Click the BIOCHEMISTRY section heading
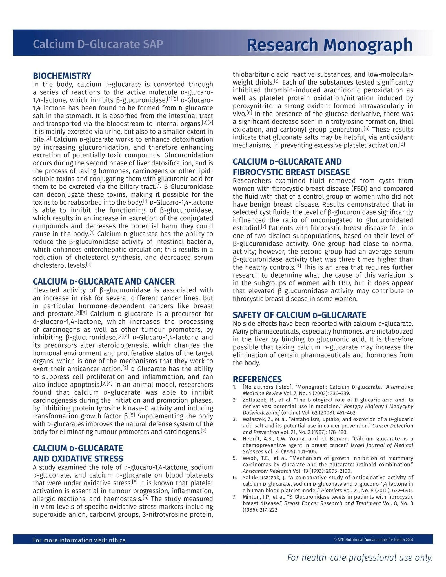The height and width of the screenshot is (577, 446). click(62, 76)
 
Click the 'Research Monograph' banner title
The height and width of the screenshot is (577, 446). click(330, 45)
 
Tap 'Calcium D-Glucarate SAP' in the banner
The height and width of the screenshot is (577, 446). click(98, 44)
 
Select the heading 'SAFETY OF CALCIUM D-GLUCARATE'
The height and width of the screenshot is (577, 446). click(299, 315)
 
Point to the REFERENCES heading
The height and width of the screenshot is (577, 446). click(257, 379)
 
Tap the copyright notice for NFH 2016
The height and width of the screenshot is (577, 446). click(373, 540)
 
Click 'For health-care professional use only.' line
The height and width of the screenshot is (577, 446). click(360, 558)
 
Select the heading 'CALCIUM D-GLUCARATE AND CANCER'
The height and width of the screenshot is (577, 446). click(104, 281)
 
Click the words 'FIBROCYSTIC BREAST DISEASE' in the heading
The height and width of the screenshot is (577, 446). click(291, 172)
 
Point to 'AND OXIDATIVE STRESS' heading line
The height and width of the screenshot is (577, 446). click(78, 459)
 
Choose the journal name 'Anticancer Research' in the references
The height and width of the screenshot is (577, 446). click(267, 471)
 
